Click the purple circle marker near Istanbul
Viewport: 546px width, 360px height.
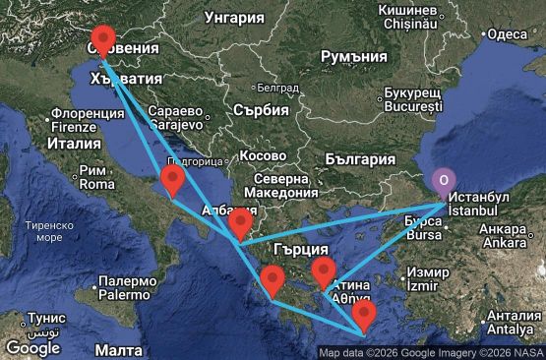click(444, 179)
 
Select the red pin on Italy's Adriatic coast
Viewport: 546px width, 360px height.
click(173, 180)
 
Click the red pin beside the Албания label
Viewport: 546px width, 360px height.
click(240, 224)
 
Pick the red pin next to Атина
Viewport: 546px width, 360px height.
click(324, 272)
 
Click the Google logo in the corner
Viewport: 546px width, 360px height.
click(32, 347)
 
